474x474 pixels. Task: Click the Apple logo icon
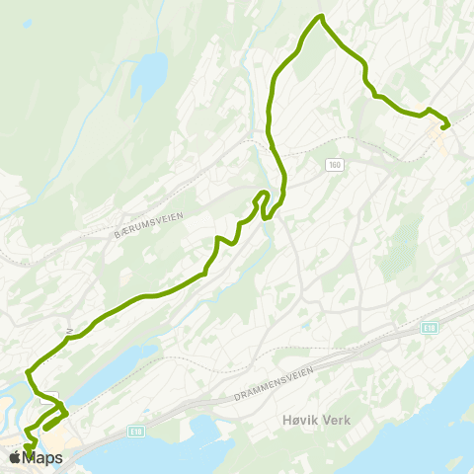15,457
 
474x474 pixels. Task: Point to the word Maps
42,458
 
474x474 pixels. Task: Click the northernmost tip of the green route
320,17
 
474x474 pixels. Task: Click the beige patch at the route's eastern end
440,143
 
